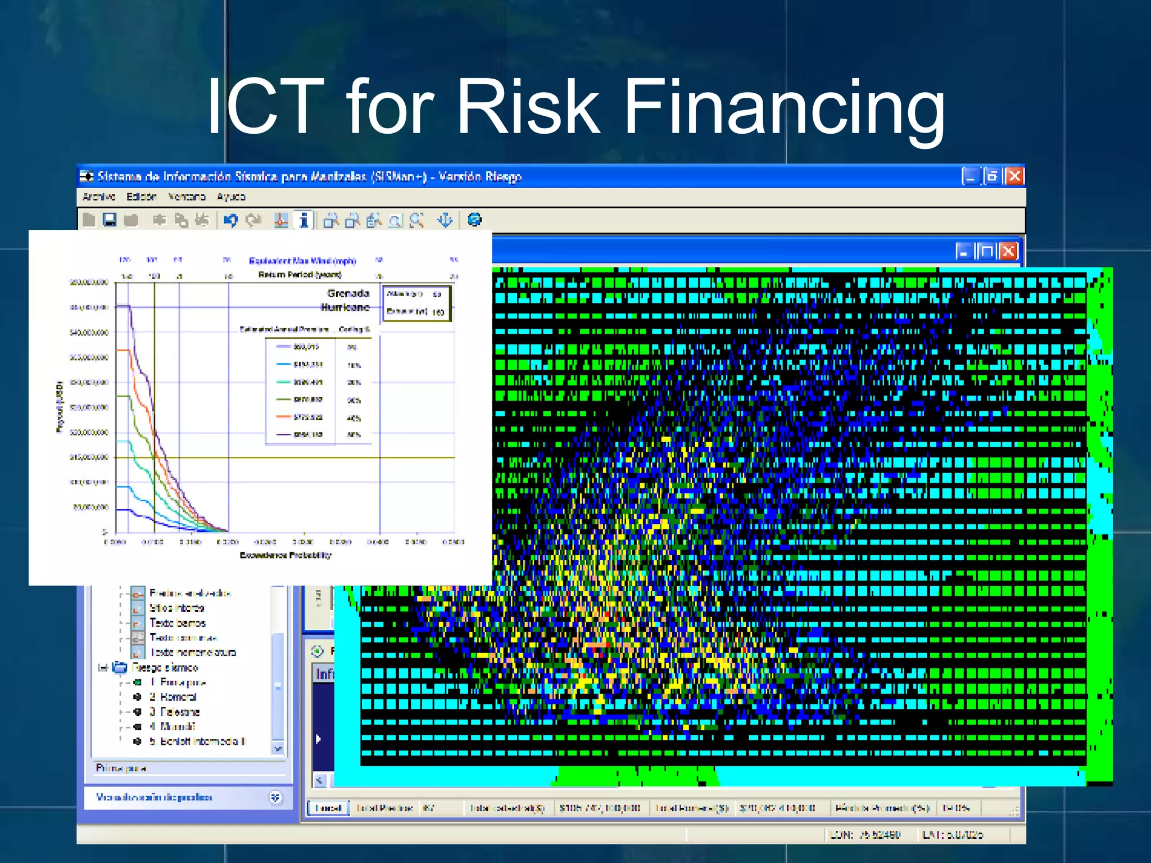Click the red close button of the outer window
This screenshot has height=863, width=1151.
(1014, 176)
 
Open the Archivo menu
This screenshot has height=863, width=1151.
(98, 197)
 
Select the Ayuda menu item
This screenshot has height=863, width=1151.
(231, 197)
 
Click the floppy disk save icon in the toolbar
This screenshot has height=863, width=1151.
(110, 220)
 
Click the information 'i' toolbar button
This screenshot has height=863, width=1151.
(303, 220)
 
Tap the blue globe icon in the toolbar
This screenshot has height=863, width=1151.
(474, 220)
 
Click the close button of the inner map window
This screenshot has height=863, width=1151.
(1008, 251)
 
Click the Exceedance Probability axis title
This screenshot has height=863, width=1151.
(286, 555)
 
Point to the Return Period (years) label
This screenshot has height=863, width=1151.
(300, 275)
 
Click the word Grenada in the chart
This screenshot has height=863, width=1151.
(348, 293)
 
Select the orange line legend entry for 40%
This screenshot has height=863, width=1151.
(308, 417)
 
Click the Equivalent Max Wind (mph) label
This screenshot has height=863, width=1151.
(302, 261)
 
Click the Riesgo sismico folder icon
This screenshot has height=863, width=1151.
(120, 667)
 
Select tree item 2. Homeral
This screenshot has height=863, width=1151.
(173, 697)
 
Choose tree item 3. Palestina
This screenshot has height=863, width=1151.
(174, 712)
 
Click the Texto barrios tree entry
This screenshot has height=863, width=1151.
(177, 623)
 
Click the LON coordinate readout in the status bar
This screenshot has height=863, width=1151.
(865, 835)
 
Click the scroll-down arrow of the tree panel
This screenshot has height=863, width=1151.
(278, 748)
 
